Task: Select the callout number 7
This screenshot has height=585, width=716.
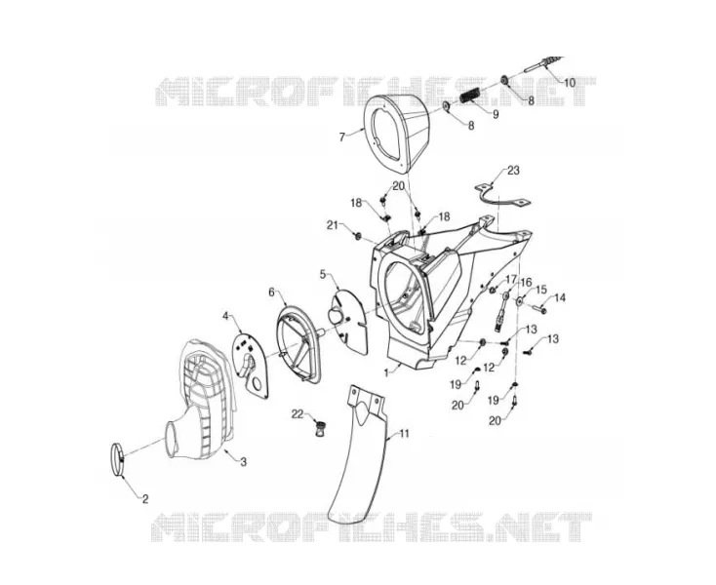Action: click(x=342, y=136)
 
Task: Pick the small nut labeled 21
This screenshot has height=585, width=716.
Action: click(x=358, y=236)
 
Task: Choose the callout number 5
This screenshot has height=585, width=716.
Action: click(x=323, y=274)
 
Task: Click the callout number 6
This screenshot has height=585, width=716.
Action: click(x=271, y=292)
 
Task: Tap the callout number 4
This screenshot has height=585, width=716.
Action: click(x=225, y=315)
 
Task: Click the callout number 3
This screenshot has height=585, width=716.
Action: click(x=244, y=462)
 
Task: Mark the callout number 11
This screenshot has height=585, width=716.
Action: click(x=404, y=434)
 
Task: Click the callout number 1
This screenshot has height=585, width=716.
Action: click(x=386, y=372)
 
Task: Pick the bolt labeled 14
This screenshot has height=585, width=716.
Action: click(x=539, y=309)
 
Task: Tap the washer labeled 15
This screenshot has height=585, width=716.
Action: click(x=519, y=301)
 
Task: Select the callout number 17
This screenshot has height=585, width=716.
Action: click(x=510, y=278)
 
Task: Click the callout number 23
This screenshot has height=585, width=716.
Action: click(x=513, y=171)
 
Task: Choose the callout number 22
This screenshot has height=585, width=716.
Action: click(x=298, y=413)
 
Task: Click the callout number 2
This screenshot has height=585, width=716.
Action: click(x=145, y=499)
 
